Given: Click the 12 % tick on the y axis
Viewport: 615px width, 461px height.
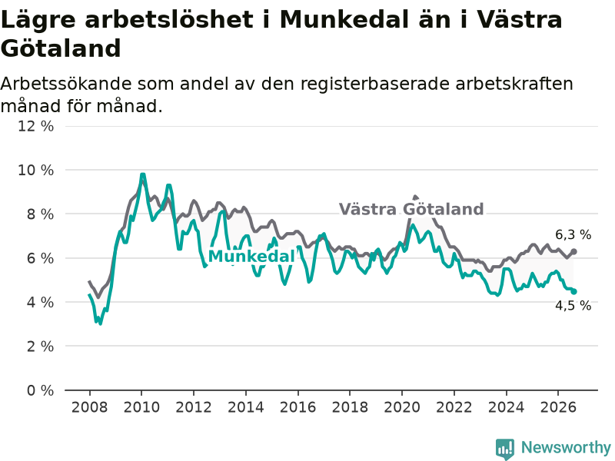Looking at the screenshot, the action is [x=35, y=126].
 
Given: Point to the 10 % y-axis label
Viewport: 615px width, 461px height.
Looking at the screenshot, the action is [x=35, y=170].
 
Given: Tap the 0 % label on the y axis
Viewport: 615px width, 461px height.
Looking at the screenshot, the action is [x=40, y=390].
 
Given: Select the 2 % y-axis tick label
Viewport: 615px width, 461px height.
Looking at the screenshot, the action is [x=40, y=347].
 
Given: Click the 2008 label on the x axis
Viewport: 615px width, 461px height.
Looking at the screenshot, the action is [x=89, y=407].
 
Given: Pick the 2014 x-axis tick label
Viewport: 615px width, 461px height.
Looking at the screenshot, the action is [x=246, y=407].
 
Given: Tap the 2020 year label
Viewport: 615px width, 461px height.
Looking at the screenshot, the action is [x=402, y=407].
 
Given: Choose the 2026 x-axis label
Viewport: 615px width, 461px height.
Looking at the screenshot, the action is [x=558, y=407].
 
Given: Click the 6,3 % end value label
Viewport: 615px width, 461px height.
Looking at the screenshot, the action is [x=573, y=235].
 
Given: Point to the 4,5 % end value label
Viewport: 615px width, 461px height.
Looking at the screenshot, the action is [x=573, y=305].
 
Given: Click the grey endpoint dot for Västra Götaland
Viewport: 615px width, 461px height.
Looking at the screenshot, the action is [x=573, y=251].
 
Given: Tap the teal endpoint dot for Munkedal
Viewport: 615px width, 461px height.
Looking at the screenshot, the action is [x=573, y=291].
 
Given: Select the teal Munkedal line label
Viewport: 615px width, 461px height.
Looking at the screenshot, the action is [x=251, y=257].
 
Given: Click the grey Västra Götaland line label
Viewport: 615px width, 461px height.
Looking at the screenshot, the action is [x=411, y=209].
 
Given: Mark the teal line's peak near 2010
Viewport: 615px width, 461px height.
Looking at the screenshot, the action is [x=142, y=175].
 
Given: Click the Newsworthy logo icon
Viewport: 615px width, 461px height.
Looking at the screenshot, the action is [x=505, y=449].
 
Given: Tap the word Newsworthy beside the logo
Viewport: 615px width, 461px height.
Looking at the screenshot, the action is [x=566, y=447].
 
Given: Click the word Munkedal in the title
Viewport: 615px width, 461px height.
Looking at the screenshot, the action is [x=345, y=19].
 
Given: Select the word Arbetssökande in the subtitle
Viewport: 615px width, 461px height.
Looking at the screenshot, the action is [x=66, y=85].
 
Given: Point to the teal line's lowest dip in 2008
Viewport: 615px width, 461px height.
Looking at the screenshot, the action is [x=101, y=323].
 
